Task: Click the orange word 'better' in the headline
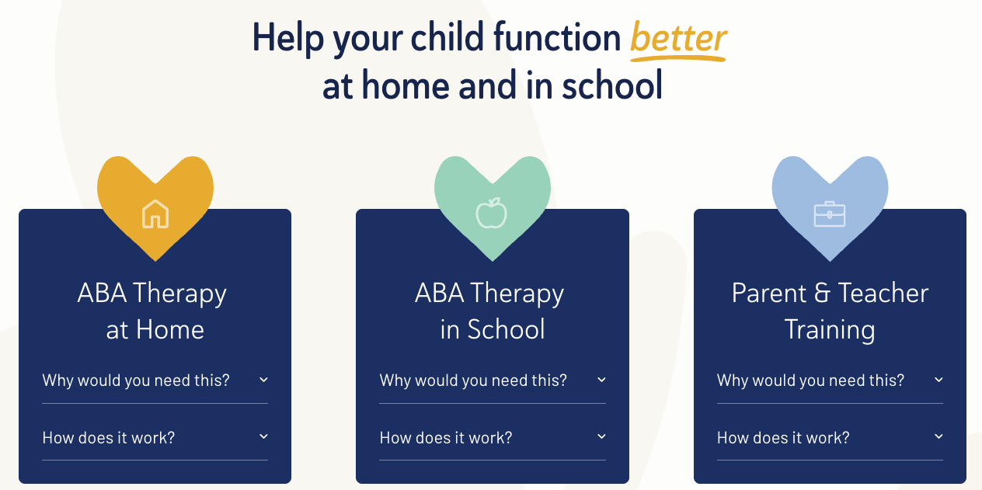[x=678, y=38]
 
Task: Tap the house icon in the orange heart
[x=155, y=214]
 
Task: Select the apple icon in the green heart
[x=492, y=213]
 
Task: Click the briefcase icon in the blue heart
[x=830, y=214]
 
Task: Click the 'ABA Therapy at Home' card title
[x=152, y=311]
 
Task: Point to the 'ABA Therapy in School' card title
[x=489, y=311]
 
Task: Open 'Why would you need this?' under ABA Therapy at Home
[x=136, y=380]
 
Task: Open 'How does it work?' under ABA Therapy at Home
[x=108, y=437]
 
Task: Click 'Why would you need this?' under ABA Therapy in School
[x=473, y=380]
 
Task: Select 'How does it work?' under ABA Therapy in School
[x=446, y=437]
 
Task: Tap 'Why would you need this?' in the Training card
[x=810, y=380]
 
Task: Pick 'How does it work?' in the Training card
[x=783, y=437]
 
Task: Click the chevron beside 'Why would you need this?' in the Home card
[x=263, y=380]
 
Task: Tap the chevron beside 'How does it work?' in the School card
[x=601, y=436]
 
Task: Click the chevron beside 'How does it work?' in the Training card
[x=938, y=436]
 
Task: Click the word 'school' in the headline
[x=612, y=85]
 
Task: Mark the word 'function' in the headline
[x=557, y=37]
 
